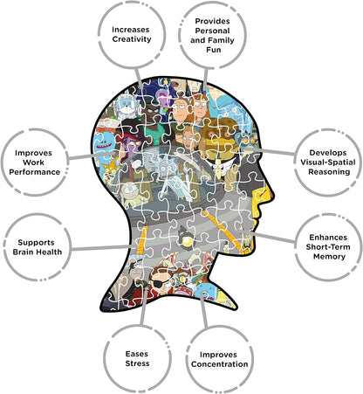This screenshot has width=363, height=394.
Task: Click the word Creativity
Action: point(132,39)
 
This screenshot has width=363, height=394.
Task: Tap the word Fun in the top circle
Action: point(214,50)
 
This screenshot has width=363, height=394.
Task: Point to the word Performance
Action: point(35,172)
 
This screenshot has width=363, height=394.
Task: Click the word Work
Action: point(33,162)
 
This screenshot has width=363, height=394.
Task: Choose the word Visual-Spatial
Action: point(328,162)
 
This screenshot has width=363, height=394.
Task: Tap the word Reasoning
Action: point(329,172)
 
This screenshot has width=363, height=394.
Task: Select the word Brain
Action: point(23,252)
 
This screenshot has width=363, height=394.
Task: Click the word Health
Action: point(49,252)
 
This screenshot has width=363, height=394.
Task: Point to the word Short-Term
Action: point(328,247)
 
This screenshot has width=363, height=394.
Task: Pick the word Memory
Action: point(329,257)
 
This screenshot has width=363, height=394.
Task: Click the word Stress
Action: point(137,363)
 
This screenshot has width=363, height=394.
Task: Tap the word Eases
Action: point(137,354)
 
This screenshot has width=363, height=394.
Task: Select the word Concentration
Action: point(220,364)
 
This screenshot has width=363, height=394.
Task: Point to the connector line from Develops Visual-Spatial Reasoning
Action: point(270,151)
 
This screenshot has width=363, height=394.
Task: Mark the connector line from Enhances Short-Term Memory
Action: point(274,237)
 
